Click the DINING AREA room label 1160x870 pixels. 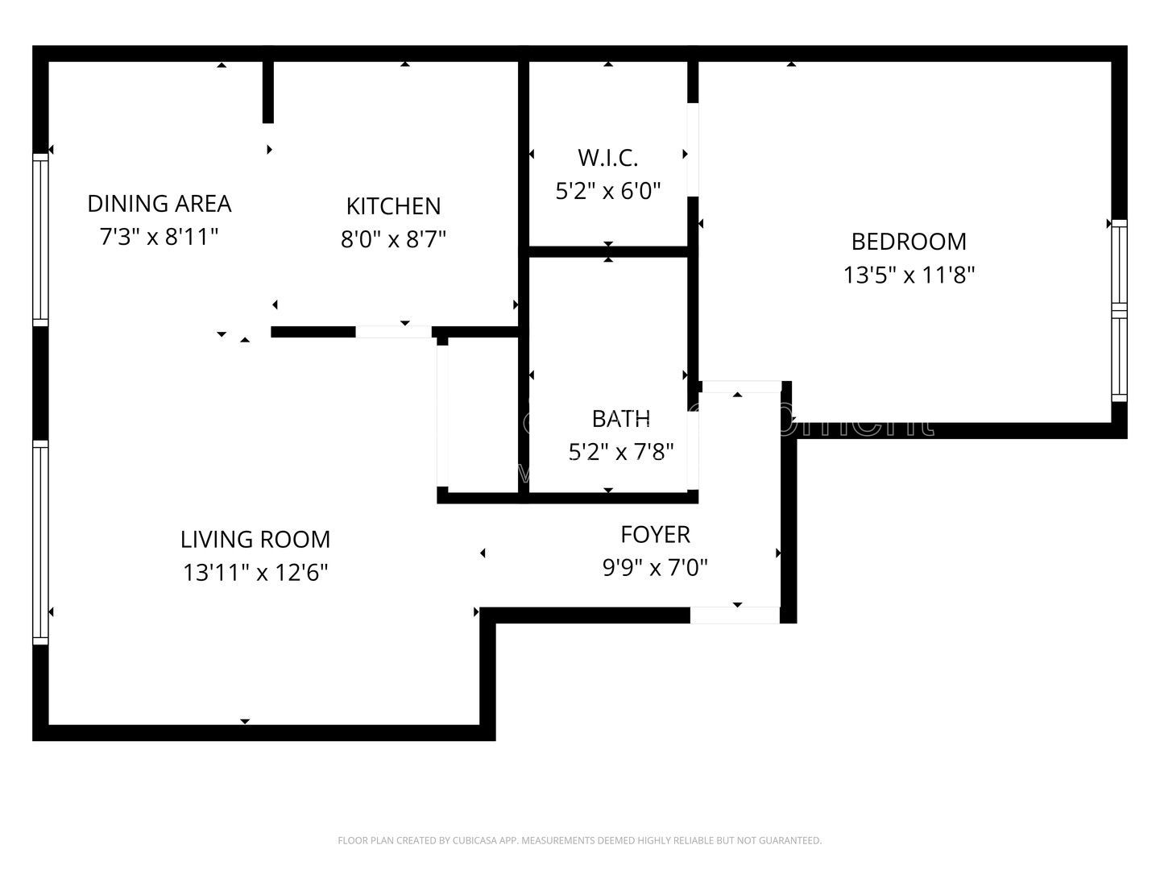pos(159,204)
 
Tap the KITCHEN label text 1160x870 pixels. pos(393,206)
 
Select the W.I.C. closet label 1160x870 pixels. pos(607,157)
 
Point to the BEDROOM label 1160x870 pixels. pos(909,242)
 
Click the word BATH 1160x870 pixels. pos(621,419)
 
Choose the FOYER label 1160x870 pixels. pos(655,535)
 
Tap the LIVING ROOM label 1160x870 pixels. pos(255,539)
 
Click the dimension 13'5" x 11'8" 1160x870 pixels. pos(909,275)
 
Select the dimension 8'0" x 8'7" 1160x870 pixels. pos(393,240)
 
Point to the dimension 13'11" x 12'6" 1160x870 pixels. pos(255,573)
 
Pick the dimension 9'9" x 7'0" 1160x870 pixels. pos(655,569)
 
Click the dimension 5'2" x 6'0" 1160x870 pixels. pos(607,191)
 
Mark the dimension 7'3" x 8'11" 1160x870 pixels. pos(159,238)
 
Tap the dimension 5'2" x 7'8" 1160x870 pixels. pos(621,452)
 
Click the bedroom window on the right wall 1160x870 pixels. pos(1119,310)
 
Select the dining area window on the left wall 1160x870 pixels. pos(40,238)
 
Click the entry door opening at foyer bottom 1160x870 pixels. pos(735,615)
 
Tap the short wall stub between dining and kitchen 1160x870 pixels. pos(268,92)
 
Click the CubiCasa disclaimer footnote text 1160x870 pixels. pos(579,841)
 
